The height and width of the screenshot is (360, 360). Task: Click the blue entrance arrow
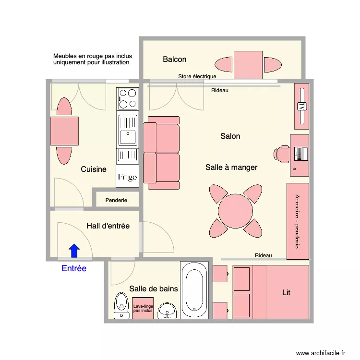[74, 251]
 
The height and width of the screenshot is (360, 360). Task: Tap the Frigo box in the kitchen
[127, 176]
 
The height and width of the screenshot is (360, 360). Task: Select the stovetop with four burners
[128, 99]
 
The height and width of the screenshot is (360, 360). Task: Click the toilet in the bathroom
[121, 306]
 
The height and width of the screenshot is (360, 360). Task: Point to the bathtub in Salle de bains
[194, 290]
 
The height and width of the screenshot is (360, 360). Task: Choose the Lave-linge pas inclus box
[143, 308]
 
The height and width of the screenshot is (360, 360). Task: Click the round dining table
[235, 211]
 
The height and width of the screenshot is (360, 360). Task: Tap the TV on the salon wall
[302, 106]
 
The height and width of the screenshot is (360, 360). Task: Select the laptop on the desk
[301, 154]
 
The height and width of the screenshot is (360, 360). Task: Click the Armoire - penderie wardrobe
[298, 221]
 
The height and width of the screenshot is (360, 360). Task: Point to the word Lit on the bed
[286, 292]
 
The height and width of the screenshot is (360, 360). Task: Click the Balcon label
[175, 59]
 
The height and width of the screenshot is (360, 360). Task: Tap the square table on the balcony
[248, 65]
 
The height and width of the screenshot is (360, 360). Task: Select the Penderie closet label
[116, 200]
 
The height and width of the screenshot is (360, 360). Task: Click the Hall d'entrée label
[108, 226]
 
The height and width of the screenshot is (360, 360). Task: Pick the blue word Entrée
[74, 268]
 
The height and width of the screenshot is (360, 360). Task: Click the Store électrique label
[197, 76]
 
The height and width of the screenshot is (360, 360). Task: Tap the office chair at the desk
[282, 154]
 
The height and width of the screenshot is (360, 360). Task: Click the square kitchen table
[64, 131]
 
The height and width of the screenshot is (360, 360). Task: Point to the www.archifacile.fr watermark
[321, 353]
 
